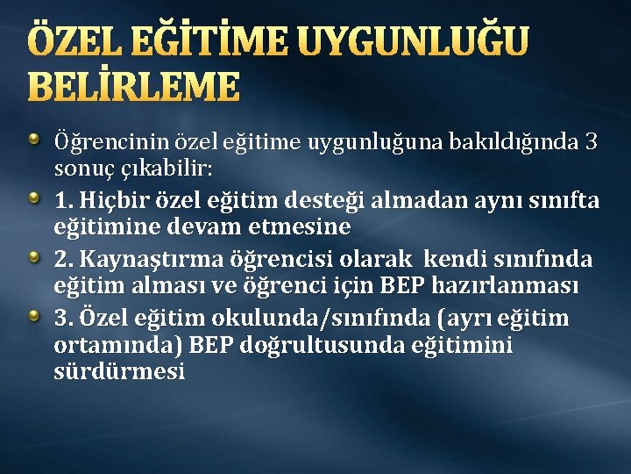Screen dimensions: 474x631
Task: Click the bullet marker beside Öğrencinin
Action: [33, 138]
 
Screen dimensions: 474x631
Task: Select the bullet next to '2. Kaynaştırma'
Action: [33, 256]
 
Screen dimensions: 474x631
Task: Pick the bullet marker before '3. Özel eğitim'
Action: [33, 315]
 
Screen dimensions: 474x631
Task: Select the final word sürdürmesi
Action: [119, 371]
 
